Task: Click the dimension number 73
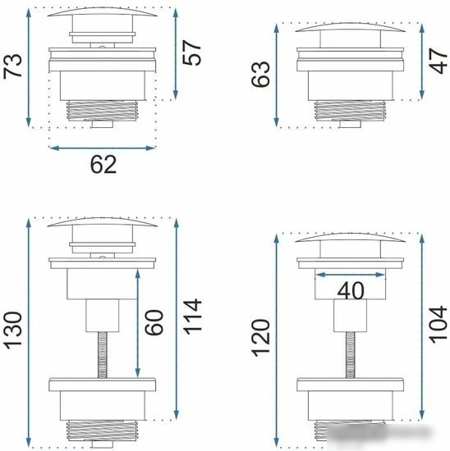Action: click(12, 66)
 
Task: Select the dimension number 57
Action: click(191, 53)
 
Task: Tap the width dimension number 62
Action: click(103, 164)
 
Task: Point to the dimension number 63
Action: click(260, 74)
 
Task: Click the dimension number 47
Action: click(439, 61)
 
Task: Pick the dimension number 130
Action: click(12, 330)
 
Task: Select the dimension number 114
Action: click(192, 317)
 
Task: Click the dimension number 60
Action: click(154, 323)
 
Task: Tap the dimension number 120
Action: click(260, 338)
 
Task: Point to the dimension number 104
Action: click(439, 325)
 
